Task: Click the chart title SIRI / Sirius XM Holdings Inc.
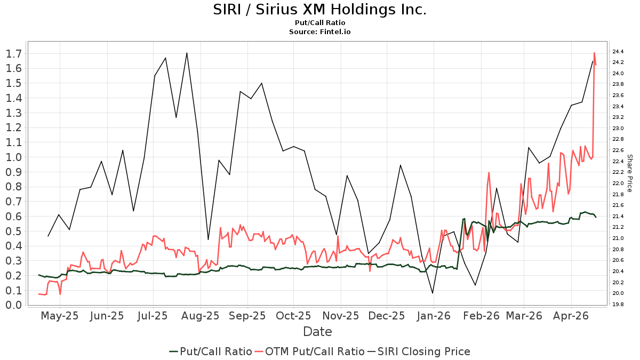(x=320, y=10)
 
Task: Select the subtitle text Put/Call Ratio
(x=320, y=23)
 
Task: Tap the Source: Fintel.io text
(x=320, y=31)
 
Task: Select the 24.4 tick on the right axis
(x=619, y=52)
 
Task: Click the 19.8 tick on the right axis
(x=619, y=305)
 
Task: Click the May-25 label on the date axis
(x=60, y=316)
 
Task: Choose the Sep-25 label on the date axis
(x=247, y=316)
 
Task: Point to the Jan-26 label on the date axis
(x=434, y=316)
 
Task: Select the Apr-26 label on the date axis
(x=571, y=316)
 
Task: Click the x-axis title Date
(x=317, y=332)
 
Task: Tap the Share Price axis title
(x=629, y=173)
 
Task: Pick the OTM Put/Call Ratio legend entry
(x=309, y=351)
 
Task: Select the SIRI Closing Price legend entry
(x=418, y=351)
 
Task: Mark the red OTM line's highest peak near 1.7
(x=594, y=53)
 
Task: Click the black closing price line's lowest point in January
(x=433, y=293)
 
